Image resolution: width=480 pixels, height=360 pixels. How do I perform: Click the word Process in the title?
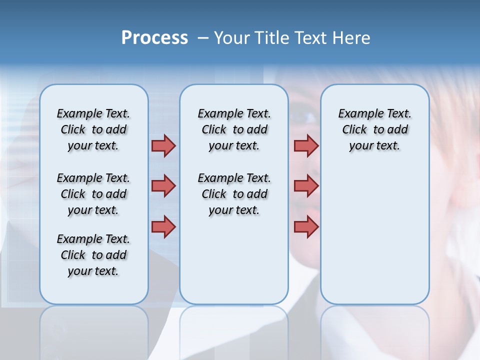[154, 38]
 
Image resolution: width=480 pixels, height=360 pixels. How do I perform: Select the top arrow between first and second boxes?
[163, 145]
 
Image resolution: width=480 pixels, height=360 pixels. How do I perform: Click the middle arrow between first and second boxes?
[163, 186]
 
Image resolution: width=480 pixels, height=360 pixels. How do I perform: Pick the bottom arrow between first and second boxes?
[163, 227]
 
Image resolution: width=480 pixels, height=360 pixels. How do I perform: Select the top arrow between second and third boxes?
[306, 145]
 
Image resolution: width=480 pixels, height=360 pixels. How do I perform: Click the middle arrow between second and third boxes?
[306, 186]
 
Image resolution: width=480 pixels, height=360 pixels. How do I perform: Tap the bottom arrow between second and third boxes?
[306, 227]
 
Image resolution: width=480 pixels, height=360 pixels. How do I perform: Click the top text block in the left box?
[93, 129]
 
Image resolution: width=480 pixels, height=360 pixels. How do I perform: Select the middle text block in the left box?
[93, 194]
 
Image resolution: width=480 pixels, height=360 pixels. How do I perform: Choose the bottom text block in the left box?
[93, 255]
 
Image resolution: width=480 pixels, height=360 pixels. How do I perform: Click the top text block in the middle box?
[234, 129]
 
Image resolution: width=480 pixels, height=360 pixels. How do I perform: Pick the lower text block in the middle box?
[234, 194]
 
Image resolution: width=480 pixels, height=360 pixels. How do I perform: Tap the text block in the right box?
[374, 129]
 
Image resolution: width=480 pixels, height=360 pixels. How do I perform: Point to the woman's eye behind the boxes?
[305, 116]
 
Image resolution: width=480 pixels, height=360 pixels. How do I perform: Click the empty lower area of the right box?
[374, 240]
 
